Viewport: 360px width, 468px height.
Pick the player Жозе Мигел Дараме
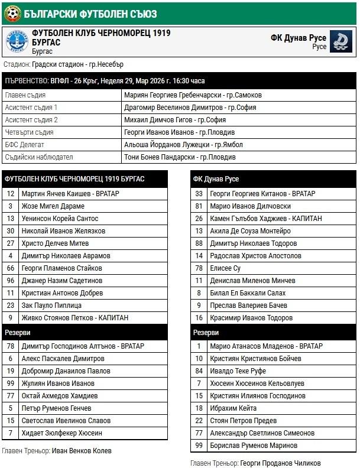pyautogui.click(x=53, y=206)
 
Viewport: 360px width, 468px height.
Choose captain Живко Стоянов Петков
pyautogui.click(x=74, y=318)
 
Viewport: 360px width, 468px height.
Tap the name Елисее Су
pyautogui.click(x=225, y=268)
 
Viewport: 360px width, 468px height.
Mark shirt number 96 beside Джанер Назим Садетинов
pyautogui.click(x=11, y=281)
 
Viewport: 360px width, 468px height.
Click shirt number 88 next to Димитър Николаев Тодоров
pyautogui.click(x=199, y=243)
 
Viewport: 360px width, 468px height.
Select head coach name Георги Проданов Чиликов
pyautogui.click(x=281, y=463)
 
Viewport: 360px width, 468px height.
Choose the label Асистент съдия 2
pyautogui.click(x=31, y=119)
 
